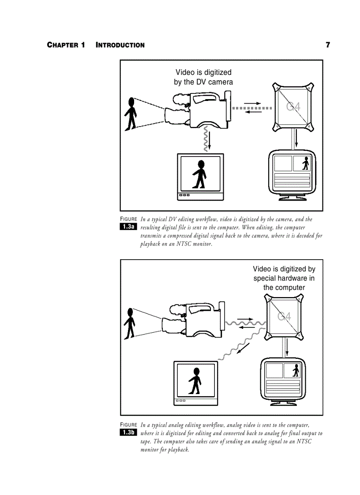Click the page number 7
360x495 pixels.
click(x=327, y=45)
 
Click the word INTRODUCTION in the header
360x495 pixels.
click(x=120, y=45)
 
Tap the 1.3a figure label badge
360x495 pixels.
click(x=128, y=227)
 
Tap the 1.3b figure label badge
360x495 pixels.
click(x=128, y=432)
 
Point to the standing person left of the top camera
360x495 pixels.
click(x=130, y=113)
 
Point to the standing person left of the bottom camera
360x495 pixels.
click(x=129, y=324)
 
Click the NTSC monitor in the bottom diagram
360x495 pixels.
click(x=195, y=383)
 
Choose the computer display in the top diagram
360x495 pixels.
click(x=292, y=174)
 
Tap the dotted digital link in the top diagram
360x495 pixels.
click(x=251, y=108)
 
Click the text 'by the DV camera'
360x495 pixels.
click(x=203, y=82)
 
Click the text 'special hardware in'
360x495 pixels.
click(x=284, y=278)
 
